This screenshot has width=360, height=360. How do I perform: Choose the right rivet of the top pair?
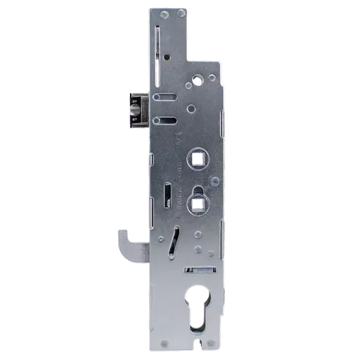[184, 14]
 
